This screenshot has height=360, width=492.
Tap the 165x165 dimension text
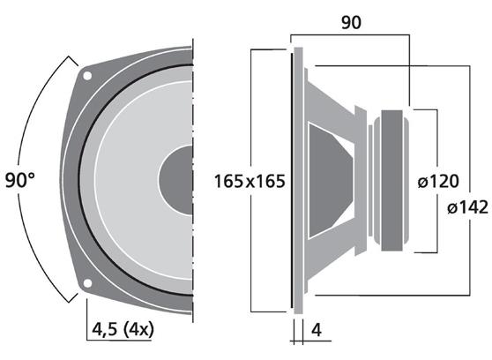(x=252, y=181)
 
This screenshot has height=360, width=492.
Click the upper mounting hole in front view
(x=87, y=76)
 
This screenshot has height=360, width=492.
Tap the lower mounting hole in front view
(x=87, y=283)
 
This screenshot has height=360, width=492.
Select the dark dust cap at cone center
(x=176, y=179)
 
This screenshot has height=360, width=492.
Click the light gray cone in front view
(x=132, y=179)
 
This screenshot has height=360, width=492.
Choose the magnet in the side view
(x=393, y=179)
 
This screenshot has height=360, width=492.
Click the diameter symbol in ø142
(x=451, y=208)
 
